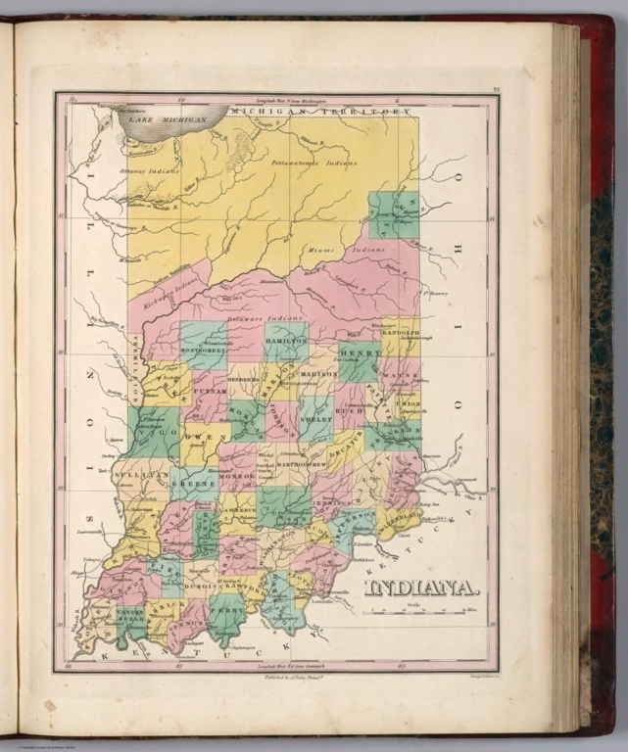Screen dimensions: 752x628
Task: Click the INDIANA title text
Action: coord(421,587)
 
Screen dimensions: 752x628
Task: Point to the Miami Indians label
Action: coord(363,251)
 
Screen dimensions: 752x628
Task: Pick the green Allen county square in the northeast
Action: coord(394,214)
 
